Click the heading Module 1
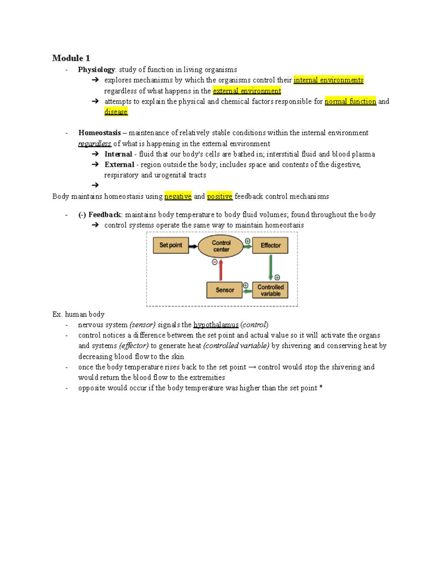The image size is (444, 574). click(x=71, y=58)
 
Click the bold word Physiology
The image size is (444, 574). click(x=96, y=70)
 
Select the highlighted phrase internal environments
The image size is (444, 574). click(x=328, y=80)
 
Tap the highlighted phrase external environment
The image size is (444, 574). click(x=247, y=91)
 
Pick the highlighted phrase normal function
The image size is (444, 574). click(x=350, y=101)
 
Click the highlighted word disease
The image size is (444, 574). click(x=116, y=112)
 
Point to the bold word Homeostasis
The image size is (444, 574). click(x=100, y=133)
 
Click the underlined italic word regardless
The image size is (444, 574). click(x=94, y=143)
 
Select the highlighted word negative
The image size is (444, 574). click(x=178, y=196)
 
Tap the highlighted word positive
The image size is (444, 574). click(x=219, y=196)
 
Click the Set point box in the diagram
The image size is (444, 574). click(x=171, y=245)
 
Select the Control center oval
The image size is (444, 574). click(x=221, y=246)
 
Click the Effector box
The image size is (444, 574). click(x=270, y=245)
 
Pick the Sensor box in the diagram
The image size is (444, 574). click(x=224, y=290)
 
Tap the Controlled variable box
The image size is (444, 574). click(x=270, y=290)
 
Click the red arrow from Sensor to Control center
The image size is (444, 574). click(x=221, y=270)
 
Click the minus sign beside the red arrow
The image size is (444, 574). click(x=215, y=262)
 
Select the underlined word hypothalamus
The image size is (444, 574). click(x=216, y=325)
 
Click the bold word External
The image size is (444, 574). click(x=119, y=164)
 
